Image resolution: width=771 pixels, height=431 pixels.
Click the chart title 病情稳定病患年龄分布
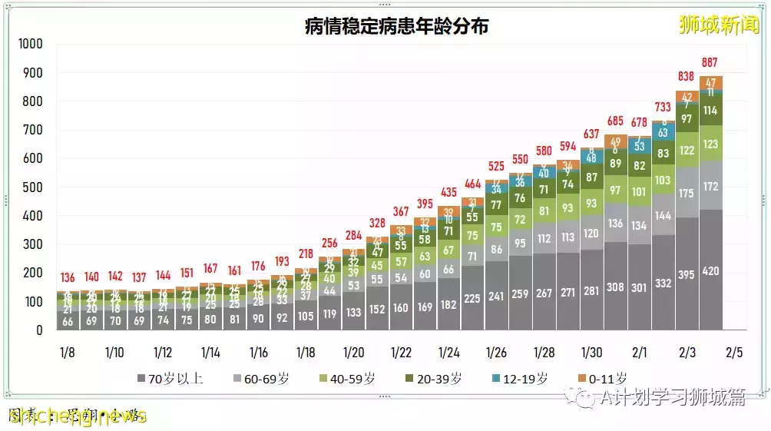[x=396, y=26]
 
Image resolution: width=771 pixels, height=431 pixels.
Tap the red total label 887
[x=710, y=63]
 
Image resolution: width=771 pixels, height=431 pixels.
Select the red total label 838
[x=686, y=77]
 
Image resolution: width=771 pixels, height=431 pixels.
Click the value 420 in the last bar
[x=710, y=270]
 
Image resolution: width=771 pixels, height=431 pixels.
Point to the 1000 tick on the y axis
[x=31, y=45]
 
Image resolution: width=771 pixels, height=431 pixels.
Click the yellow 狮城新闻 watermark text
[x=719, y=25]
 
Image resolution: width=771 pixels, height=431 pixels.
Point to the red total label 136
[x=68, y=277]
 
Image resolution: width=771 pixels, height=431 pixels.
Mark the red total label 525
[x=497, y=166]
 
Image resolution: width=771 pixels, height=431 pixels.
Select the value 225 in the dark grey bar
[x=472, y=299]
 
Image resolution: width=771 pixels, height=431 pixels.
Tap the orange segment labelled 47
[x=710, y=83]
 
